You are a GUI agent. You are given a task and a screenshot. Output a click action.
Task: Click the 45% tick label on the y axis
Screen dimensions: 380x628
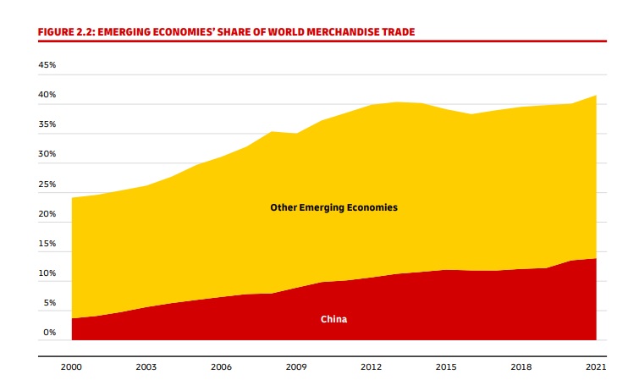[47, 65]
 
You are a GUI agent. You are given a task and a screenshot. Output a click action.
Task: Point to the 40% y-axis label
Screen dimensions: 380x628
[47, 95]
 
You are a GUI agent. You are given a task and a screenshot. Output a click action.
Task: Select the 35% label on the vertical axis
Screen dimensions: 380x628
[47, 124]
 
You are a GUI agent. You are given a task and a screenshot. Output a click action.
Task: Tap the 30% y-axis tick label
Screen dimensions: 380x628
[47, 154]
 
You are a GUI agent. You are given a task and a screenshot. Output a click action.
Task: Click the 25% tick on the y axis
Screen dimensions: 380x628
[47, 184]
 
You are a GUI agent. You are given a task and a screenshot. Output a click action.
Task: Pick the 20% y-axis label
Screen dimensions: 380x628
[47, 214]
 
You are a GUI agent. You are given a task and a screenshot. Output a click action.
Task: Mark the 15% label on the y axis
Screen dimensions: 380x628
[47, 244]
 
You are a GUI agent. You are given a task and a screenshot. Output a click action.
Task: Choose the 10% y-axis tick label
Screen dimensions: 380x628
[47, 273]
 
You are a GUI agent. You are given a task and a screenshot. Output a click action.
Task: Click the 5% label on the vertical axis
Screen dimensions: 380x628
[50, 303]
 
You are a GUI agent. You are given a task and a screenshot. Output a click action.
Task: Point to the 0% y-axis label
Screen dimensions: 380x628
[50, 333]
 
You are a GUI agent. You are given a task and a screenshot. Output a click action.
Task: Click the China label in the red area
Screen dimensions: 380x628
[333, 320]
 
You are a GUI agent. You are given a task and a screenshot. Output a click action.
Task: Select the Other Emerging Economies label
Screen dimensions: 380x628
[333, 207]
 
